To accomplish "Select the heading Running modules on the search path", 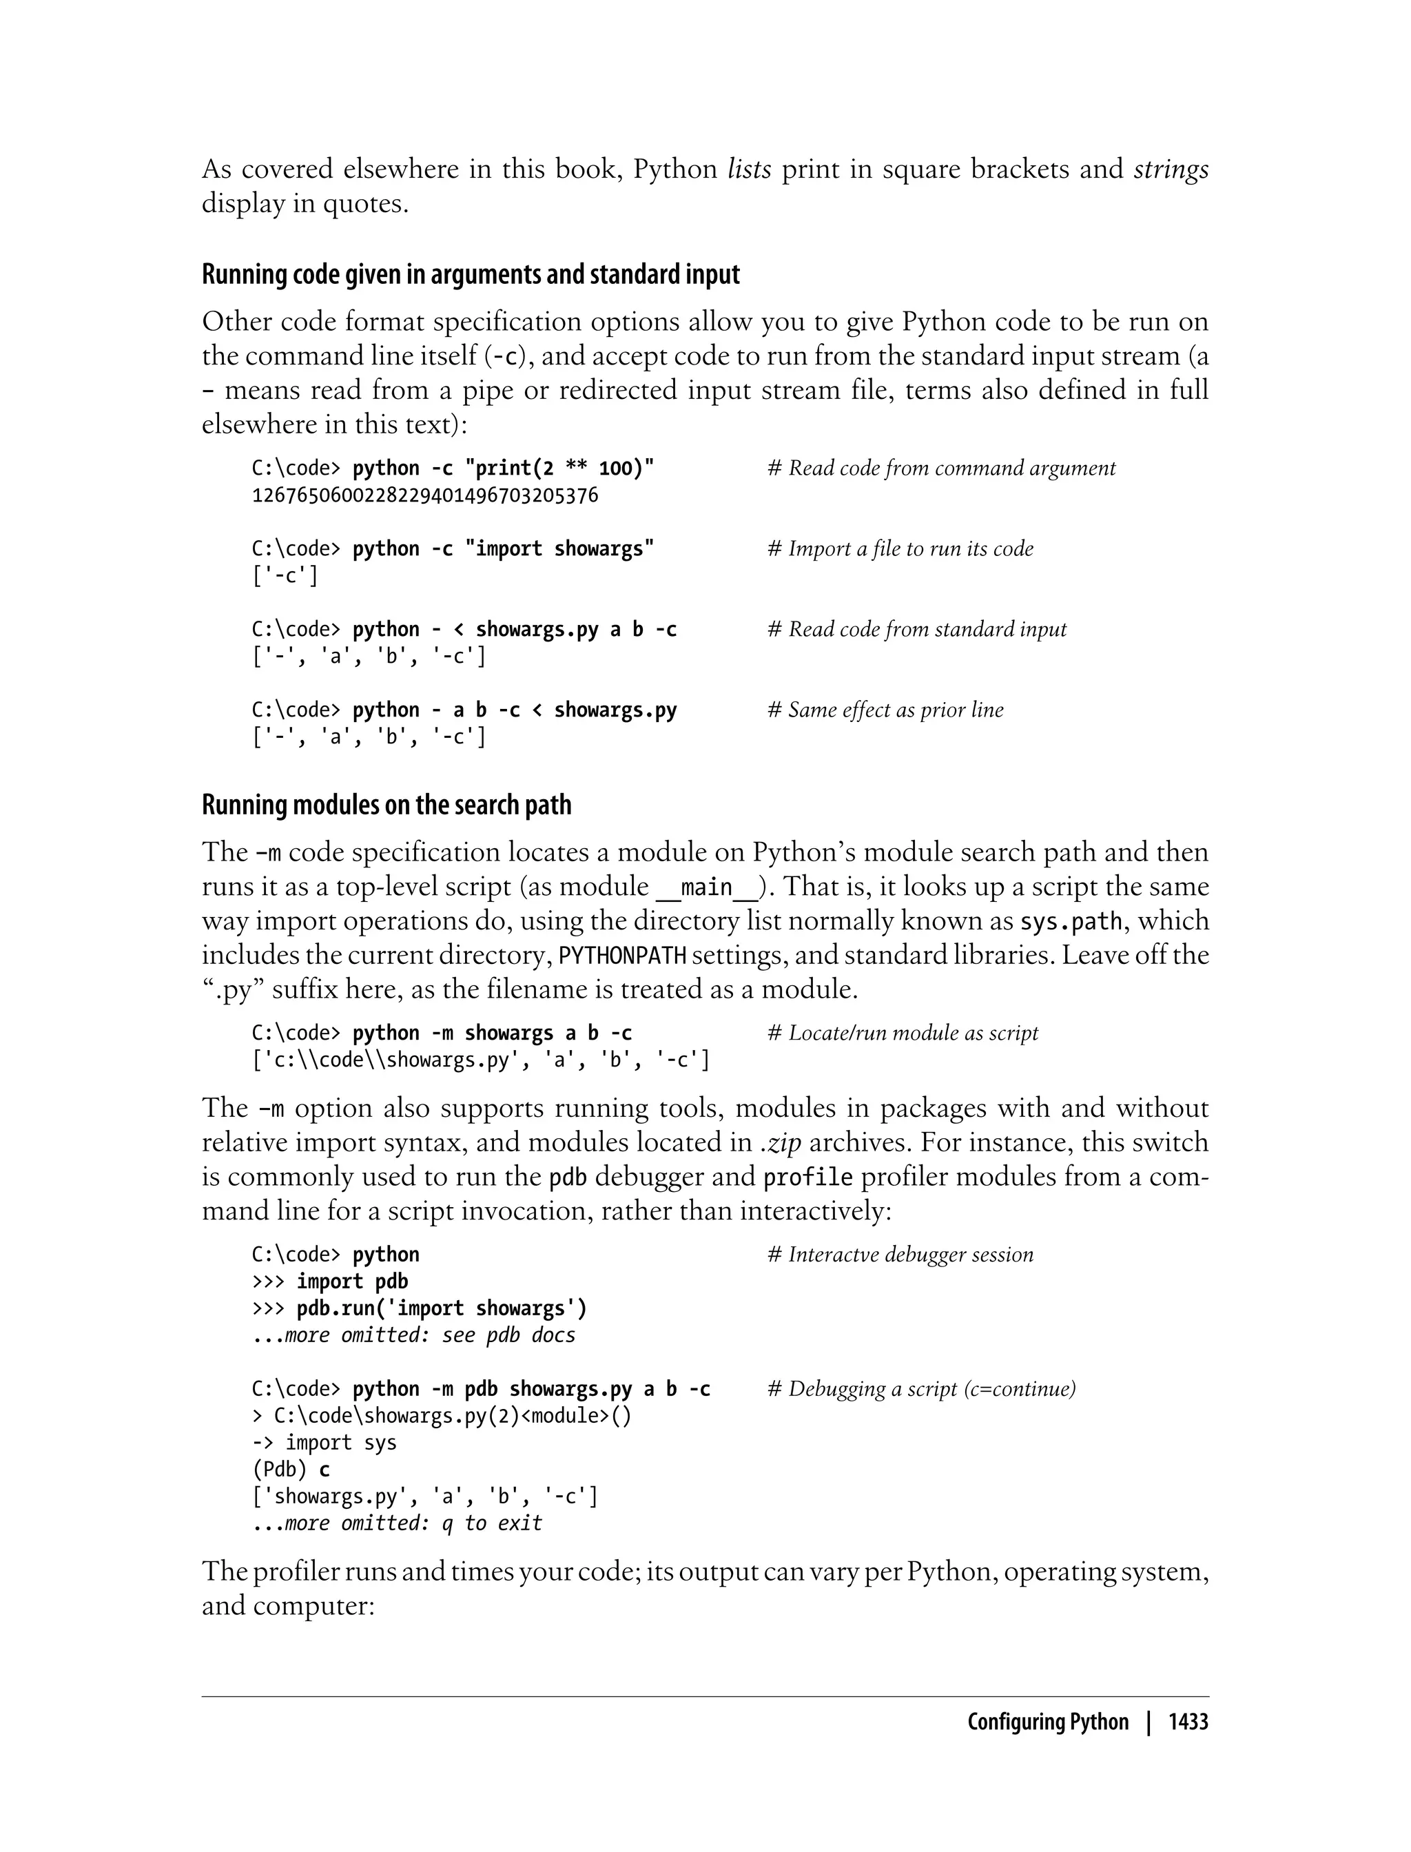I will click(x=387, y=805).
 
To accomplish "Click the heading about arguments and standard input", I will click(x=471, y=275).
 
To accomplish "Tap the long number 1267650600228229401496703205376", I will click(x=425, y=495).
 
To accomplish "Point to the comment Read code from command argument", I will click(x=942, y=468).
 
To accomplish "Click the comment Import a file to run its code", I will click(x=900, y=548).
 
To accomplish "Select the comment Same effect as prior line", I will click(x=885, y=710).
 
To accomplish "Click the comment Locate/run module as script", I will click(x=903, y=1032).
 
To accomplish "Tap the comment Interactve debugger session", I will click(x=900, y=1254).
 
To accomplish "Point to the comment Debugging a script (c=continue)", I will click(x=921, y=1388).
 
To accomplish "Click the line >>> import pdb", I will click(x=330, y=1281).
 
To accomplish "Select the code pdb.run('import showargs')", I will click(x=442, y=1308).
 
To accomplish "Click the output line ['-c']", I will click(x=285, y=576).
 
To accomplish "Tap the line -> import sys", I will click(x=325, y=1442).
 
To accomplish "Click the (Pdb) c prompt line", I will click(x=291, y=1469).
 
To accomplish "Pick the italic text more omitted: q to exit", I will click(x=413, y=1523).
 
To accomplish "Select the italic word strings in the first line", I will click(x=1171, y=169).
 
